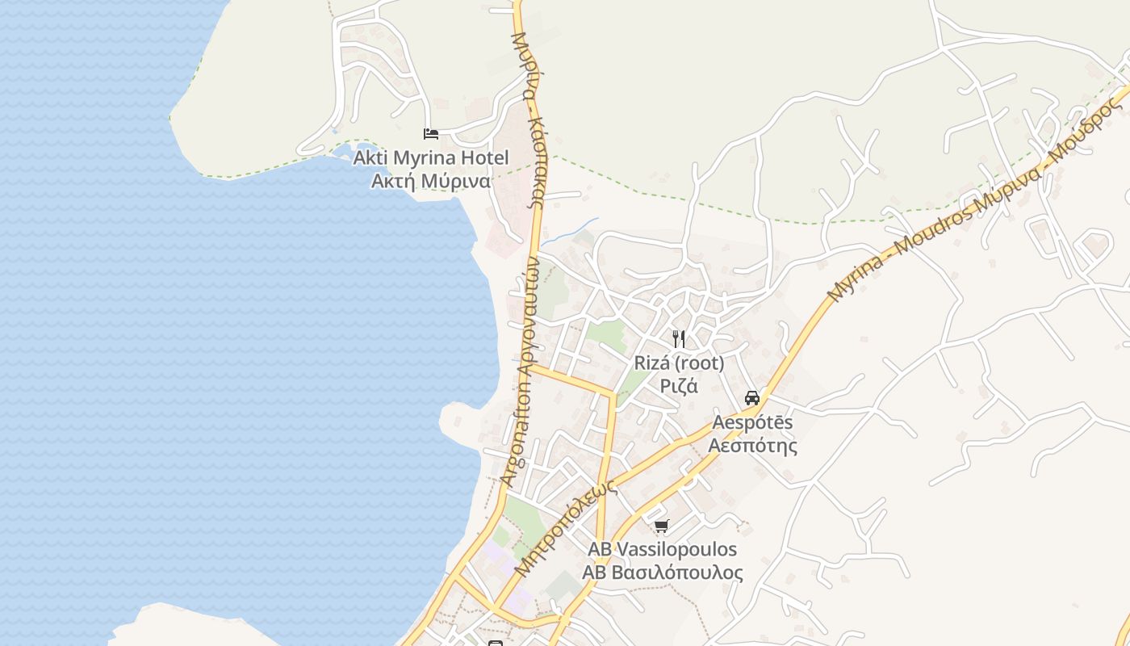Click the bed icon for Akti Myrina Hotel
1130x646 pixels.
pyautogui.click(x=431, y=133)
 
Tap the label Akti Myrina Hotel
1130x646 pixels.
pyautogui.click(x=431, y=157)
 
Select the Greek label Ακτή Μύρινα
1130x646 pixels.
pyautogui.click(x=431, y=181)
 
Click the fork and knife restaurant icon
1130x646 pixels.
pyautogui.click(x=679, y=338)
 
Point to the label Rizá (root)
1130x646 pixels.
pyautogui.click(x=679, y=363)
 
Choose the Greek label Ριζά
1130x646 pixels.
pyautogui.click(x=679, y=386)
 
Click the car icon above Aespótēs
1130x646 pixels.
pyautogui.click(x=752, y=397)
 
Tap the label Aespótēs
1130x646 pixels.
pyautogui.click(x=752, y=422)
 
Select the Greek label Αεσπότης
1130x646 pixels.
pyautogui.click(x=752, y=446)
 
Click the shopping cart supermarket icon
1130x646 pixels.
pyautogui.click(x=662, y=526)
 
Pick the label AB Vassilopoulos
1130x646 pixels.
pyautogui.click(x=662, y=549)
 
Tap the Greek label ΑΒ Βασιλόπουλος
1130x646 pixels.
pyautogui.click(x=662, y=573)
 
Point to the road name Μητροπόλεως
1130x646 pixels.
pyautogui.click(x=566, y=528)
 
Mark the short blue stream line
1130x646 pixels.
pyautogui.click(x=570, y=230)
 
